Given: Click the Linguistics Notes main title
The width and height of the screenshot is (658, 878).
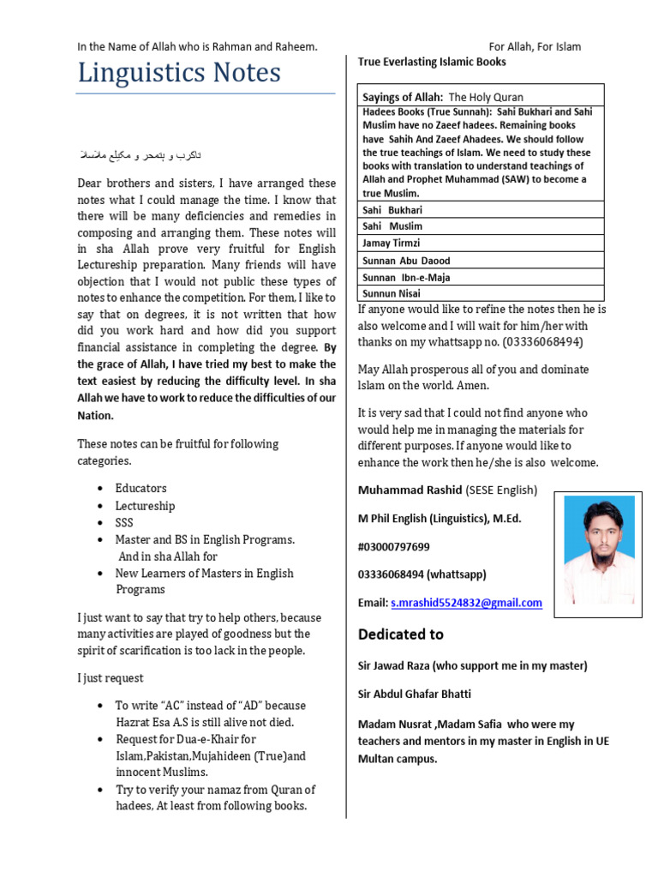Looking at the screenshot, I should point(179,74).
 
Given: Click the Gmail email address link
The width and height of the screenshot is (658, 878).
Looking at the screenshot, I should point(466,603).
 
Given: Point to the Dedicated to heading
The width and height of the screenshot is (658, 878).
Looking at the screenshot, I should point(401,634).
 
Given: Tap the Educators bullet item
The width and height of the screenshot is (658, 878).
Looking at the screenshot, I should point(141,488).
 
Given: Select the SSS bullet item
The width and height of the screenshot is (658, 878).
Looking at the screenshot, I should point(124,522).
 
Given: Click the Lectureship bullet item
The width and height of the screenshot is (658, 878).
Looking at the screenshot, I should point(145,506).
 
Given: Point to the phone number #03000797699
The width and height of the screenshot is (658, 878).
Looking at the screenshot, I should point(394,547).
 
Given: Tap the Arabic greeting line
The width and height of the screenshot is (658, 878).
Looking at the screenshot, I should point(141,155).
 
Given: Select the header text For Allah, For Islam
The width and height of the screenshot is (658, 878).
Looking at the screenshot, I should point(535,46).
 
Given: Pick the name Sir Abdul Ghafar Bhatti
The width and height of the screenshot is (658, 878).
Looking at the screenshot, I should point(415,694).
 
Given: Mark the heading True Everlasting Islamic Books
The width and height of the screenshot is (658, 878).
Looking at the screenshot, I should point(432,62).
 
